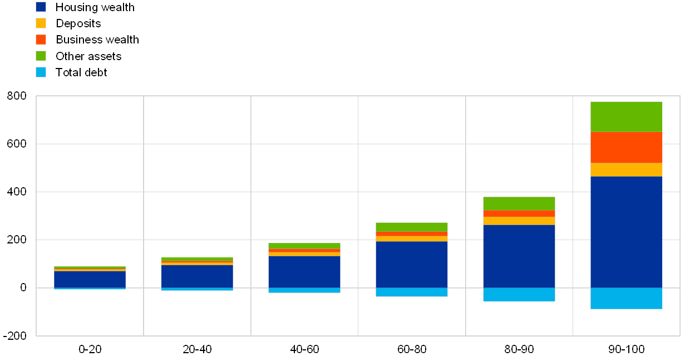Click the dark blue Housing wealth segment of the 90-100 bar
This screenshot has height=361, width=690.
626,232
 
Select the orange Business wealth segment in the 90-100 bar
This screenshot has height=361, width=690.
626,148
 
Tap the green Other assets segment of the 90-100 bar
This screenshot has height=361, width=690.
626,117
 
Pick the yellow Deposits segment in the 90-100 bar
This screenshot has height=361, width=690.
626,170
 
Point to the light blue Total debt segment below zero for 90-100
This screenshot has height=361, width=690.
626,298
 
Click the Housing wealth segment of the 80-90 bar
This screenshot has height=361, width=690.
519,256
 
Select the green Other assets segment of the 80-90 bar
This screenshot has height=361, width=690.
519,203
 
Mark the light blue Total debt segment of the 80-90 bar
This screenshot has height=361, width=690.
519,294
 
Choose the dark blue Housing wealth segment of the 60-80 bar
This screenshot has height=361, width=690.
411,264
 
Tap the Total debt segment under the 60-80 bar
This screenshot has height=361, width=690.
411,292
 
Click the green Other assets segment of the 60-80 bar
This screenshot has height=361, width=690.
411,227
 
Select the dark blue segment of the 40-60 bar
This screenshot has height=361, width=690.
304,272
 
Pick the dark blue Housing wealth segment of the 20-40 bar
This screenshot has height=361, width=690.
197,276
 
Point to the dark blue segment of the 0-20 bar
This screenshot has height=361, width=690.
90,279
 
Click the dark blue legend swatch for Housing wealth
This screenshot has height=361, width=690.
41,7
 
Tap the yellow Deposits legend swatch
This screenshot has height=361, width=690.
41,23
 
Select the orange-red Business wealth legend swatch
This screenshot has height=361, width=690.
41,40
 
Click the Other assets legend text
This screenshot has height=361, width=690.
88,56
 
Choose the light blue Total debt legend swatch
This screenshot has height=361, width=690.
41,72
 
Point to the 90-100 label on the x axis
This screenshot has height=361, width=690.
626,349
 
